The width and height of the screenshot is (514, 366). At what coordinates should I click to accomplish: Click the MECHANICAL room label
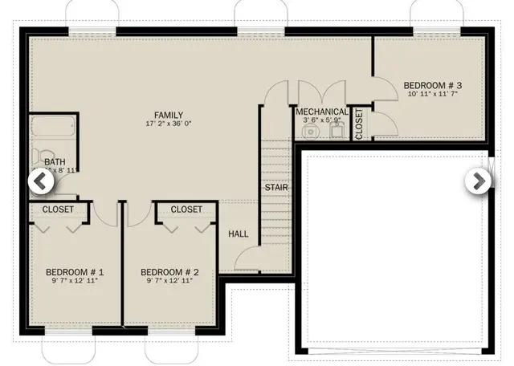coord(322,112)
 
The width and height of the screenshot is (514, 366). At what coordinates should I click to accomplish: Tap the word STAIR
coord(276,188)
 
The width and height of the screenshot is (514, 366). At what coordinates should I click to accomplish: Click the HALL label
coord(239,234)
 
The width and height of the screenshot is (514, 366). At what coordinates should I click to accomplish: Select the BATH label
coord(55,161)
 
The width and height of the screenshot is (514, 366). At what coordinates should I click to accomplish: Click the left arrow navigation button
coord(41,181)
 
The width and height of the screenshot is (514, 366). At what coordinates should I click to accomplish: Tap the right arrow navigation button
coord(478,181)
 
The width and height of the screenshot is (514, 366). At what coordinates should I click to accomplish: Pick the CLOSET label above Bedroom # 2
coord(186,209)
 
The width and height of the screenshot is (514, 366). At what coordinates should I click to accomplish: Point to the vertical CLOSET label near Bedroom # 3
coord(358,123)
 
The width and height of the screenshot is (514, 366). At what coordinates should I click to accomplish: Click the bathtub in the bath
coord(54,128)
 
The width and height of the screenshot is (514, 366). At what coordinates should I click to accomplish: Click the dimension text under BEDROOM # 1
coord(75,282)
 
